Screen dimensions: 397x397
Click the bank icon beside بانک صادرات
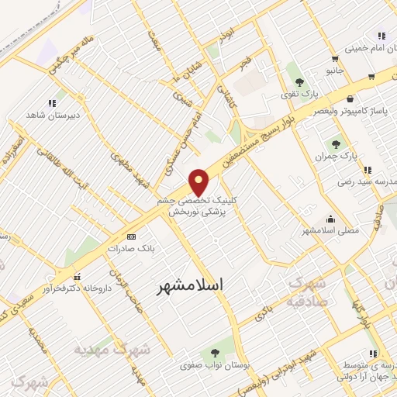[x=131, y=236]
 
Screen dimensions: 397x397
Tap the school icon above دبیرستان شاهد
[x=52, y=102]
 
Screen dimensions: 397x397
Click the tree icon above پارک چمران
[x=336, y=143]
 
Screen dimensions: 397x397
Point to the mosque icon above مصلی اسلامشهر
[x=332, y=219]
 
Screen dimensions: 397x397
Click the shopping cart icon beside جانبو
[x=334, y=58]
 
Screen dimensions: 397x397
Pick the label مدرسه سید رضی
[x=365, y=181]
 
